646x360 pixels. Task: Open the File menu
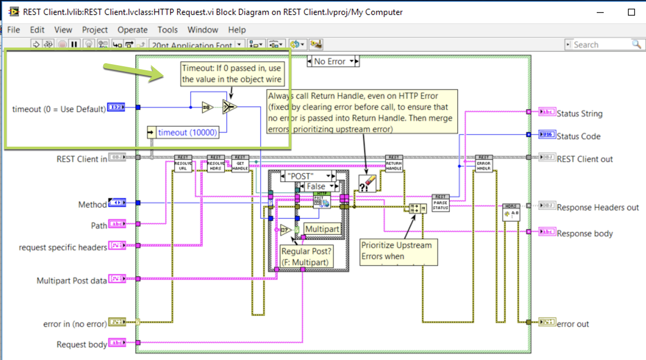14,30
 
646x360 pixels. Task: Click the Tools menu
167,30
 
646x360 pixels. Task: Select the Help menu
237,30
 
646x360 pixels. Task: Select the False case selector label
316,186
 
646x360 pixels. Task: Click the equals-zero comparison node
207,107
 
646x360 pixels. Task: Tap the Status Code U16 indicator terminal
547,135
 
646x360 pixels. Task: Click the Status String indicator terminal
547,113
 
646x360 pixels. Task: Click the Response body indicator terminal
547,232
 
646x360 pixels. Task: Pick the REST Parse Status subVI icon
440,203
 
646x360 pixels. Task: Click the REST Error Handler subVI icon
484,164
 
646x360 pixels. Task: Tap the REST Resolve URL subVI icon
183,164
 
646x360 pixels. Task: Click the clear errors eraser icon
367,184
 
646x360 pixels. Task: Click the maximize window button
631,12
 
